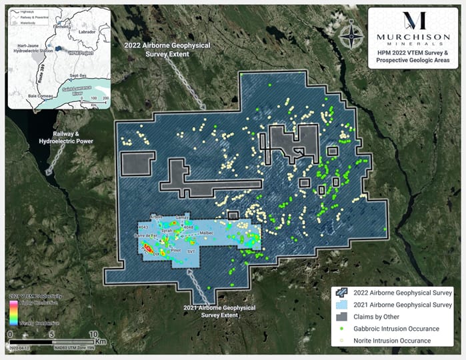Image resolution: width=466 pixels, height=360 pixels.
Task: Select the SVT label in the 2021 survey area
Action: pos(191,252)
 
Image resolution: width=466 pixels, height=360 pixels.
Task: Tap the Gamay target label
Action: pos(183,218)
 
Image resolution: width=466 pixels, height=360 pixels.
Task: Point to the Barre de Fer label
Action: pos(145,236)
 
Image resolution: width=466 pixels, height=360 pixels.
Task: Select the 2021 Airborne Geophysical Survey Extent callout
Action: pos(211,311)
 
